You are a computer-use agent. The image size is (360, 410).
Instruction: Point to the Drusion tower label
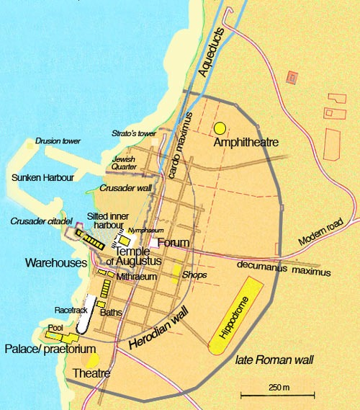(58, 141)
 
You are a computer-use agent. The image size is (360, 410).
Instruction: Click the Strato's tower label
(134, 133)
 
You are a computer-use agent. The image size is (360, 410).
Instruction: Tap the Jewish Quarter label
(124, 163)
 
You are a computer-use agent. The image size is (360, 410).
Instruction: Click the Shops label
(194, 275)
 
